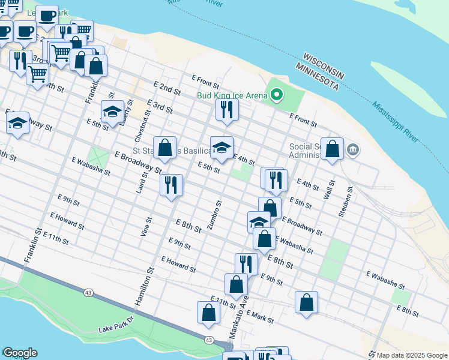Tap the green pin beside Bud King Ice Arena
coord(277,94)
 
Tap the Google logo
coord(20,353)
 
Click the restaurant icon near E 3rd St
coord(227,110)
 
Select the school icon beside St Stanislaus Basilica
coord(221,148)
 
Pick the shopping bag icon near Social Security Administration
coord(332,148)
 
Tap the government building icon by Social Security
coord(352,149)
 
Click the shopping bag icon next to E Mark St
coord(306,302)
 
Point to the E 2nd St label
coord(167,90)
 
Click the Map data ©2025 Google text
coord(411,355)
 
